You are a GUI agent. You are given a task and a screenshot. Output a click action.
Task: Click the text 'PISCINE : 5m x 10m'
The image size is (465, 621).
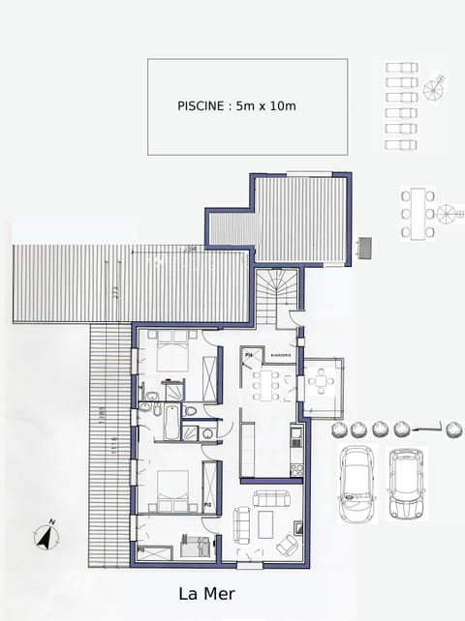click(237, 105)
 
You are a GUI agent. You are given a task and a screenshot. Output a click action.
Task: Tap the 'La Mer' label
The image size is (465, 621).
click(206, 594)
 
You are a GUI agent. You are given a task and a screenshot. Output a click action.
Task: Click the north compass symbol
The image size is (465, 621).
click(45, 535)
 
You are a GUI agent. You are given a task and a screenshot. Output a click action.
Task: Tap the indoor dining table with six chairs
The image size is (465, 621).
click(266, 385)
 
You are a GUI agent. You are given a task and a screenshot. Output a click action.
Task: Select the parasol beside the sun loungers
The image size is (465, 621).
click(436, 89)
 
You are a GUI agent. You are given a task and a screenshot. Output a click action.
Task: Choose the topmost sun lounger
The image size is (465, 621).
click(400, 68)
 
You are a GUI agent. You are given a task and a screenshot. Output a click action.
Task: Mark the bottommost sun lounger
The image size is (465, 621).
click(400, 144)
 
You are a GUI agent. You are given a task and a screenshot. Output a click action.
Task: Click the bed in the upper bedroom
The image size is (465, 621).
click(172, 353)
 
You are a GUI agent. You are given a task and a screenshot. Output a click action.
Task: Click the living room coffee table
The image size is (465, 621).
click(264, 524)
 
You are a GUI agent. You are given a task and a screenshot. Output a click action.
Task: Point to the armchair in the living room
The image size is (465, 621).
click(289, 546)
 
